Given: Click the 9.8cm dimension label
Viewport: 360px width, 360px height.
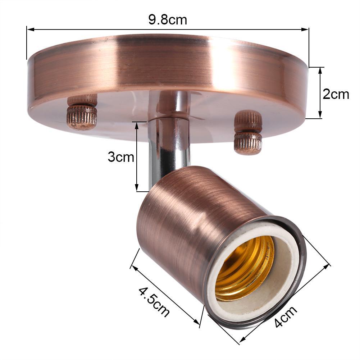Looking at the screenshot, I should click(x=168, y=20).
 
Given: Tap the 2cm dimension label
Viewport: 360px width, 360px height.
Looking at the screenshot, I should click(x=336, y=94).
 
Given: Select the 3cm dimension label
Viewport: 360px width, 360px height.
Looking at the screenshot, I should click(x=121, y=157).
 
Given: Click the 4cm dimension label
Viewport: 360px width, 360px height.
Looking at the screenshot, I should click(x=286, y=316).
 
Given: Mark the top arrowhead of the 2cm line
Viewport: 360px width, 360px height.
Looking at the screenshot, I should click(x=320, y=69).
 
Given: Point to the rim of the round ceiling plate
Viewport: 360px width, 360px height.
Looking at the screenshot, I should click(x=165, y=65).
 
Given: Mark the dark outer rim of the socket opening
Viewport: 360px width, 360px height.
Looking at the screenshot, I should click(x=301, y=252).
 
